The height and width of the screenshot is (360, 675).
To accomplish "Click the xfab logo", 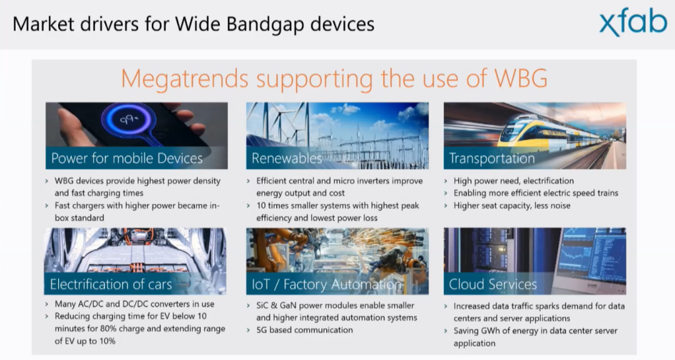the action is coord(632,22).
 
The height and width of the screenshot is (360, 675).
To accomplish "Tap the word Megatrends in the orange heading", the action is coord(184,79).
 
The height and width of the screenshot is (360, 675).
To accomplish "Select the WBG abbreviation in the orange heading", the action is coord(521,78).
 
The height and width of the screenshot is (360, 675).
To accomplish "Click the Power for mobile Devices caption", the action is coord(126,158).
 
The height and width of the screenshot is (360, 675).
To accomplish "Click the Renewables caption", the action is coord(287,159).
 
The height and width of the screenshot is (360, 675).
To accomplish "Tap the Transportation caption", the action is coord(492,159).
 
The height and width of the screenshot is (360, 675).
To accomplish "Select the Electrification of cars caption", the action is coord(111,284).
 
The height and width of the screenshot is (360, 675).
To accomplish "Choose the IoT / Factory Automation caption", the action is coord(326,284).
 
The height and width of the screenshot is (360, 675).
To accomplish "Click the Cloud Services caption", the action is coord(492,284).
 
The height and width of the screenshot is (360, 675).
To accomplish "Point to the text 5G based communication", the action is coord(304,330).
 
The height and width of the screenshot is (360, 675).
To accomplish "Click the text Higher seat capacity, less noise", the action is coord(512,206).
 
